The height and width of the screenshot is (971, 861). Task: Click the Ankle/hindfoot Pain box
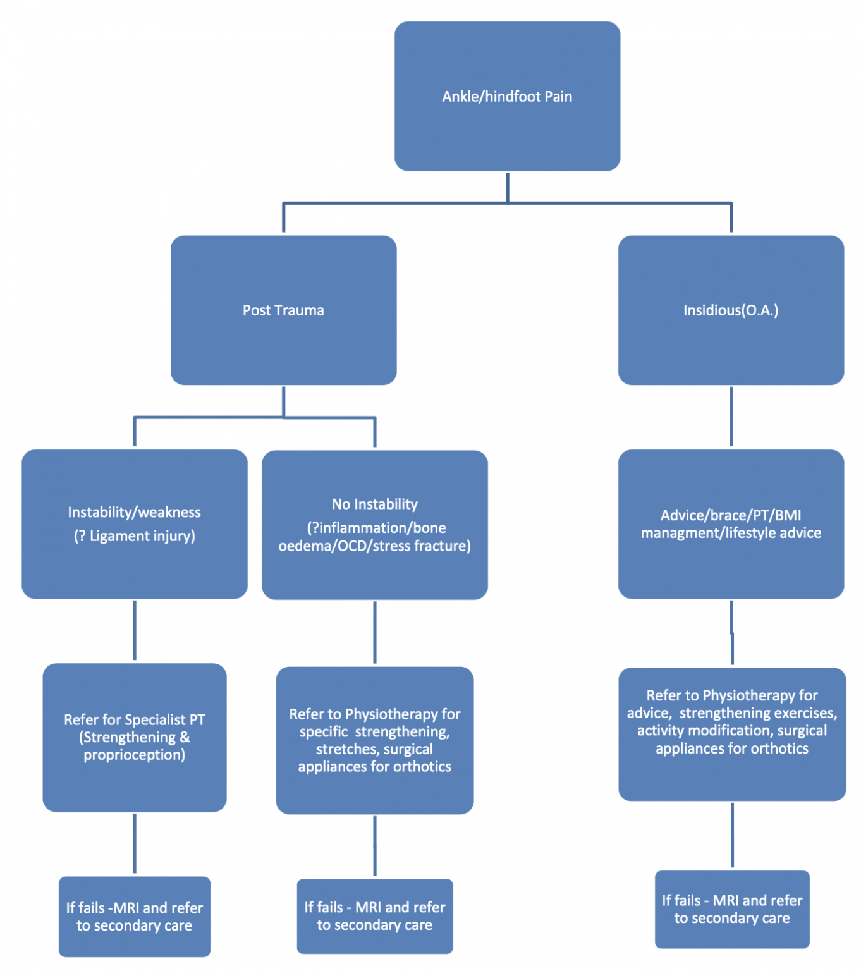(x=507, y=96)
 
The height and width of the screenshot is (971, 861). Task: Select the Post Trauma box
(x=283, y=310)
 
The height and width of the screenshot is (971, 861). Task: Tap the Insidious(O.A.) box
(x=731, y=310)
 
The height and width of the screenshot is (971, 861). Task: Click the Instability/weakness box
(x=134, y=523)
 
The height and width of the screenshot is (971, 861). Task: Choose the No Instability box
(x=374, y=525)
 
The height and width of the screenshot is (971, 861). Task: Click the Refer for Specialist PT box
(x=134, y=737)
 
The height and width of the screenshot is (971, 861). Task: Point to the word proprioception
(x=134, y=755)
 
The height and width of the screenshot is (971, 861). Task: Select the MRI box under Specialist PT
(x=134, y=916)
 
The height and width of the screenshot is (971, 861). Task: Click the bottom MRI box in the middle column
(x=374, y=916)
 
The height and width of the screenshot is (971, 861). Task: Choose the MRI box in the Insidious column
(x=731, y=909)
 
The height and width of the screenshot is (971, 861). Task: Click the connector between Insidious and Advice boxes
(x=731, y=417)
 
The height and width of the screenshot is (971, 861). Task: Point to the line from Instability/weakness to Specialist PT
(x=135, y=630)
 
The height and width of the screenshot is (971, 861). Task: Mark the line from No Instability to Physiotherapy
(x=375, y=632)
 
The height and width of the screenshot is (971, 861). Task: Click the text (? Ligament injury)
(x=134, y=536)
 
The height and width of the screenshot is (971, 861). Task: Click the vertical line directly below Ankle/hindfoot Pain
(x=508, y=187)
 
